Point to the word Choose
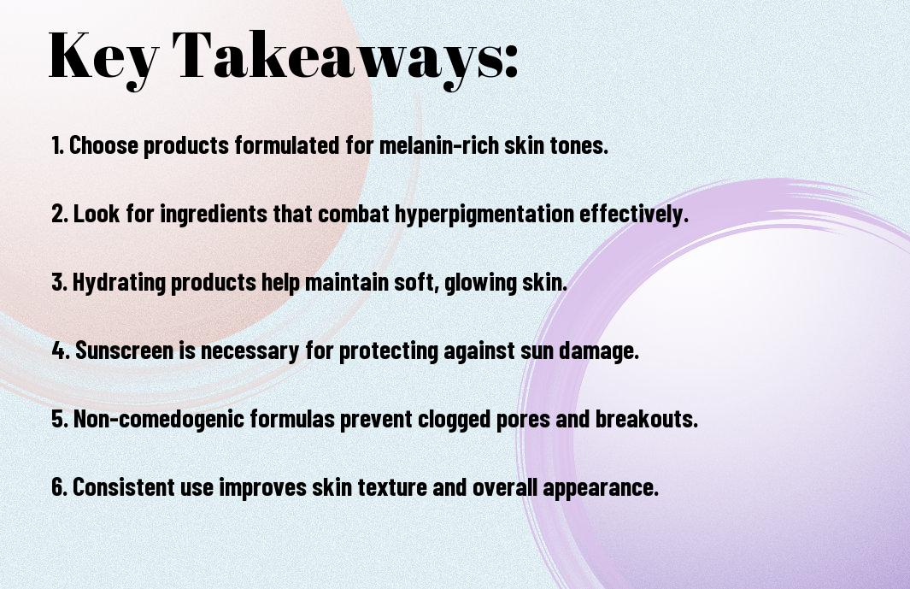[104, 145]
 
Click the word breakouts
[647, 419]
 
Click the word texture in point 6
[392, 487]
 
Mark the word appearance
[601, 488]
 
